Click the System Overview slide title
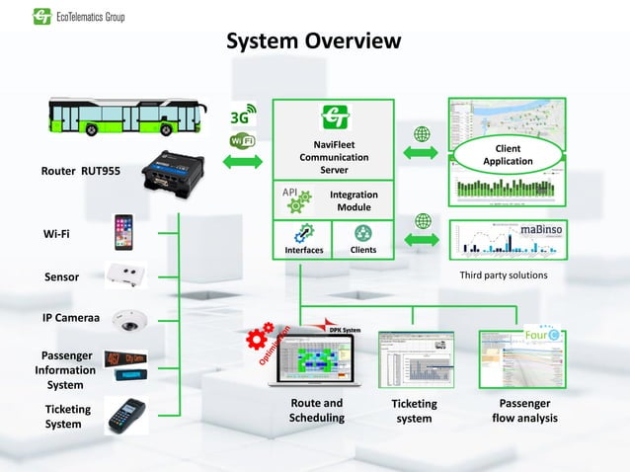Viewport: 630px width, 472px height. tap(314, 41)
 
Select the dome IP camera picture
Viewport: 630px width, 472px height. tap(129, 320)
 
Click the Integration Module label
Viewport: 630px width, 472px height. tap(354, 201)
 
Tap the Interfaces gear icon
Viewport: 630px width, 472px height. tap(303, 233)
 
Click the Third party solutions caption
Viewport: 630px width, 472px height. tap(504, 275)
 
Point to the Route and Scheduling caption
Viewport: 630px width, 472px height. tap(316, 410)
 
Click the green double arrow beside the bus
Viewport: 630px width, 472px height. tap(242, 160)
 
